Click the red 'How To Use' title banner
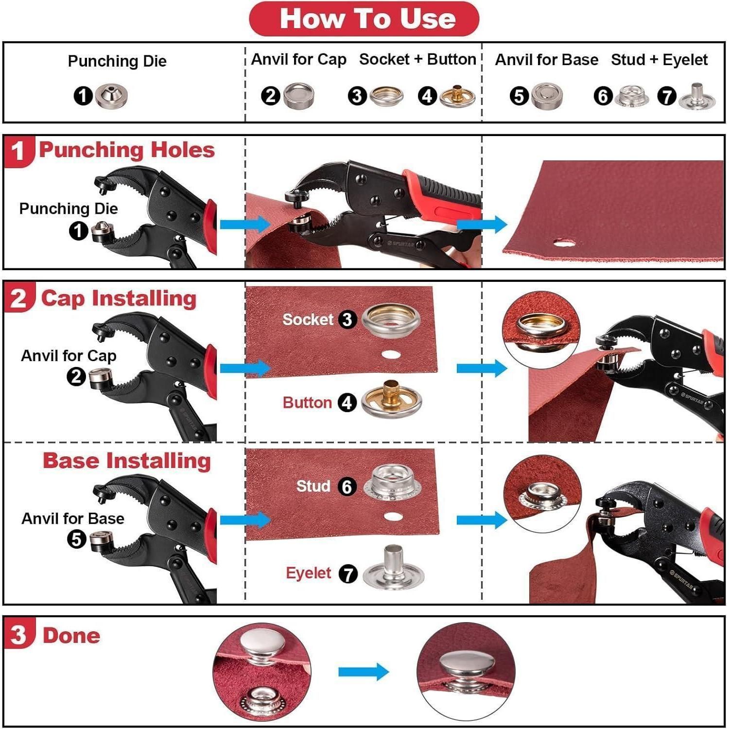coord(364,19)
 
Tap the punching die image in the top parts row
coord(111,95)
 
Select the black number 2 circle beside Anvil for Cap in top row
coord(271,96)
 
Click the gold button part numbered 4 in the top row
coord(457,96)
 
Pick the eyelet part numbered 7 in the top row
coord(696,96)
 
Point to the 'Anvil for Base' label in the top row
coord(546,60)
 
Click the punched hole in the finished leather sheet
coord(563,242)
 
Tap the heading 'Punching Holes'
coord(127,150)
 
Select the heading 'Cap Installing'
coord(119,298)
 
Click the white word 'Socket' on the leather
coord(308,319)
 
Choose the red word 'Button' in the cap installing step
coord(307,402)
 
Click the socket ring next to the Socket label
coord(391,319)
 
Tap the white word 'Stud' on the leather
coord(313,486)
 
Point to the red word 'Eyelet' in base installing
coord(308,573)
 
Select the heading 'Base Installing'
coord(127,460)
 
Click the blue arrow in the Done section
coord(364,672)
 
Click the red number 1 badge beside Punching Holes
coord(18,151)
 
